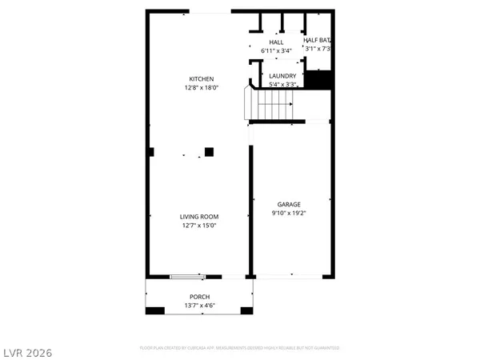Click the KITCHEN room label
tap(201, 78)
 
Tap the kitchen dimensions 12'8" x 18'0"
tap(201, 89)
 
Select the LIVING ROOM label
tap(198, 217)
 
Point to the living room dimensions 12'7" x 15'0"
tap(198, 226)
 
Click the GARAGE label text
tap(289, 205)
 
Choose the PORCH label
tap(199, 297)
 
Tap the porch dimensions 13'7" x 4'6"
tap(199, 306)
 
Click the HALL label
tap(276, 42)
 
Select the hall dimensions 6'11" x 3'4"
tap(276, 51)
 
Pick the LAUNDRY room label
tap(282, 76)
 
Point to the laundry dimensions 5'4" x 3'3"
tap(282, 85)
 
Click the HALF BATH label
tap(318, 40)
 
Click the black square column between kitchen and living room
tap(209, 151)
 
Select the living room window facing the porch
tap(186, 277)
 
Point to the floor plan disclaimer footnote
tap(240, 348)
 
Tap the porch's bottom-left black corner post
tap(147, 312)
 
